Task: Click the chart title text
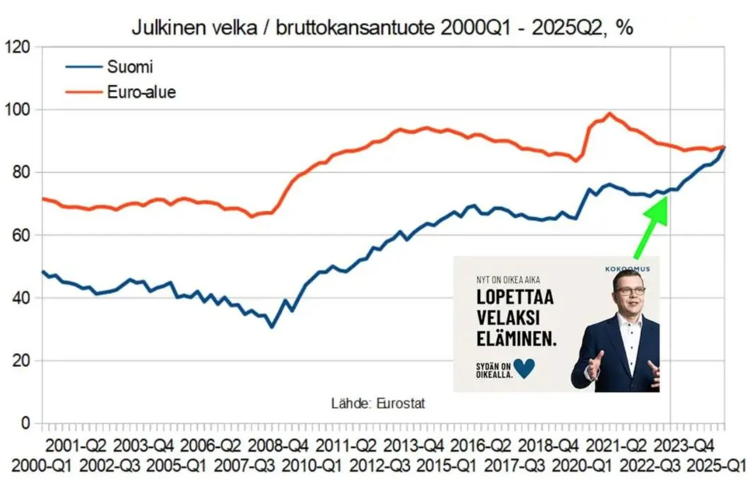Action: pyautogui.click(x=382, y=28)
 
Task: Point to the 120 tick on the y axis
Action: pyautogui.click(x=17, y=47)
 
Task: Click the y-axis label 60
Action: pyautogui.click(x=21, y=235)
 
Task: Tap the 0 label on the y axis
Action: pyautogui.click(x=25, y=423)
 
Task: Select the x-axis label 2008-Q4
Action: pyautogui.click(x=278, y=446)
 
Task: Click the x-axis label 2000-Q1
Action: pyautogui.click(x=42, y=466)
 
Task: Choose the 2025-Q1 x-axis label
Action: pyautogui.click(x=716, y=466)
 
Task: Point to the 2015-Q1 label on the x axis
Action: pyautogui.click(x=446, y=466)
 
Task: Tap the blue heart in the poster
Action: pyautogui.click(x=524, y=368)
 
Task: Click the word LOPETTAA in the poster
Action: pyautogui.click(x=515, y=297)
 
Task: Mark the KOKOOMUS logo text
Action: pyautogui.click(x=627, y=269)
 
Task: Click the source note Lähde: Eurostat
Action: pyautogui.click(x=378, y=403)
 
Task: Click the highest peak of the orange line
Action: pyautogui.click(x=609, y=114)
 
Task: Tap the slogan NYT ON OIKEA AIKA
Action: pyautogui.click(x=508, y=280)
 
